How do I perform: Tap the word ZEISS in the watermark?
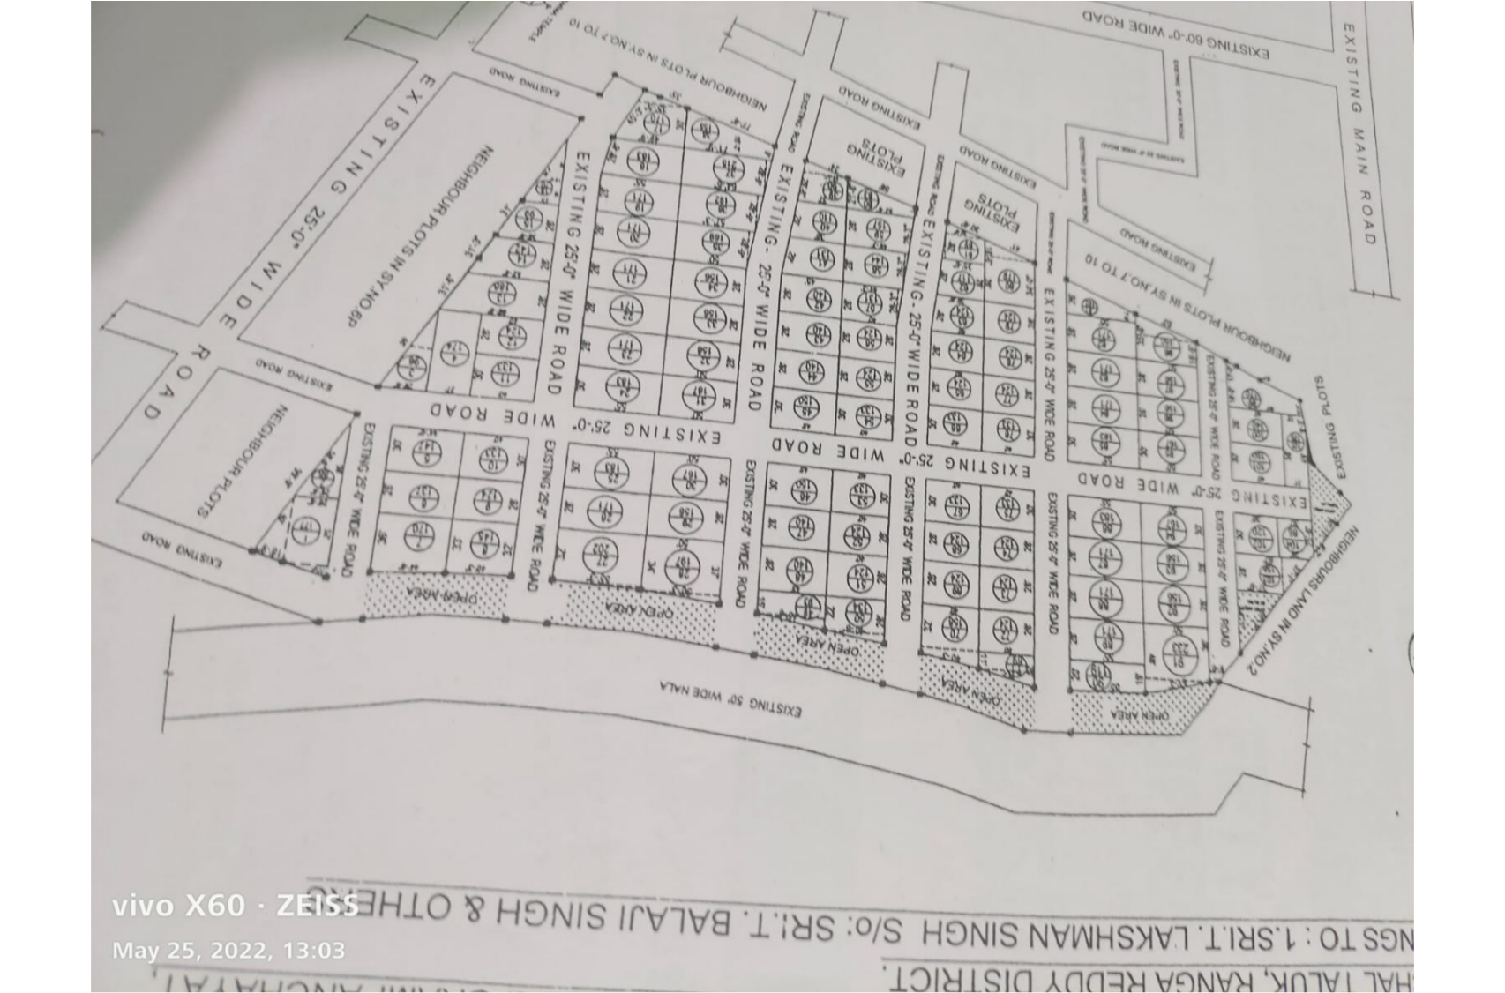click(x=318, y=905)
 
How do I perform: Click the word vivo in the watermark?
click(x=143, y=905)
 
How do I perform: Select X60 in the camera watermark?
click(x=214, y=905)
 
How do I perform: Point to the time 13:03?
click(x=313, y=950)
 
